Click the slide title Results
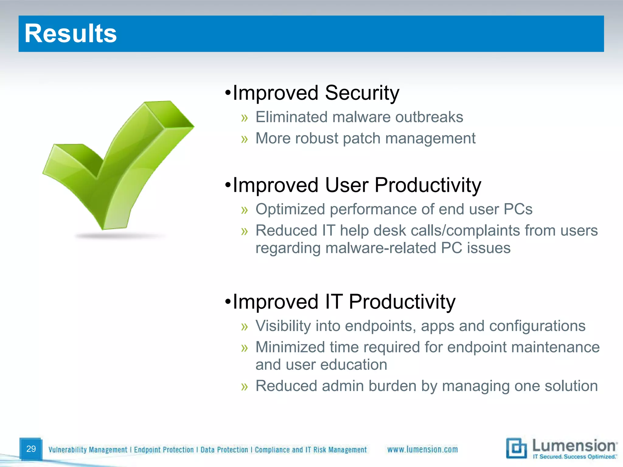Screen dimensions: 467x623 (x=71, y=33)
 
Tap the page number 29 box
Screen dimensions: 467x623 (x=31, y=449)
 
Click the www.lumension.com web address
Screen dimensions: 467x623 (x=422, y=449)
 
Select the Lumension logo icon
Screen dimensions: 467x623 (x=516, y=448)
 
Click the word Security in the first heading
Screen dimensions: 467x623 (x=362, y=93)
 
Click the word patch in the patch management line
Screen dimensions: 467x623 (x=361, y=139)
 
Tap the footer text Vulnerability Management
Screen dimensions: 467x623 (x=88, y=450)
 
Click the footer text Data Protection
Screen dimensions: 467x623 (x=224, y=450)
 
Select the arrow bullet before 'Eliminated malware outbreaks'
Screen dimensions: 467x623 (x=244, y=118)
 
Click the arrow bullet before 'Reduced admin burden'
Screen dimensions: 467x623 (x=244, y=387)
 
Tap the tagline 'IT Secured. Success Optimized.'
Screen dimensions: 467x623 (x=574, y=457)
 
